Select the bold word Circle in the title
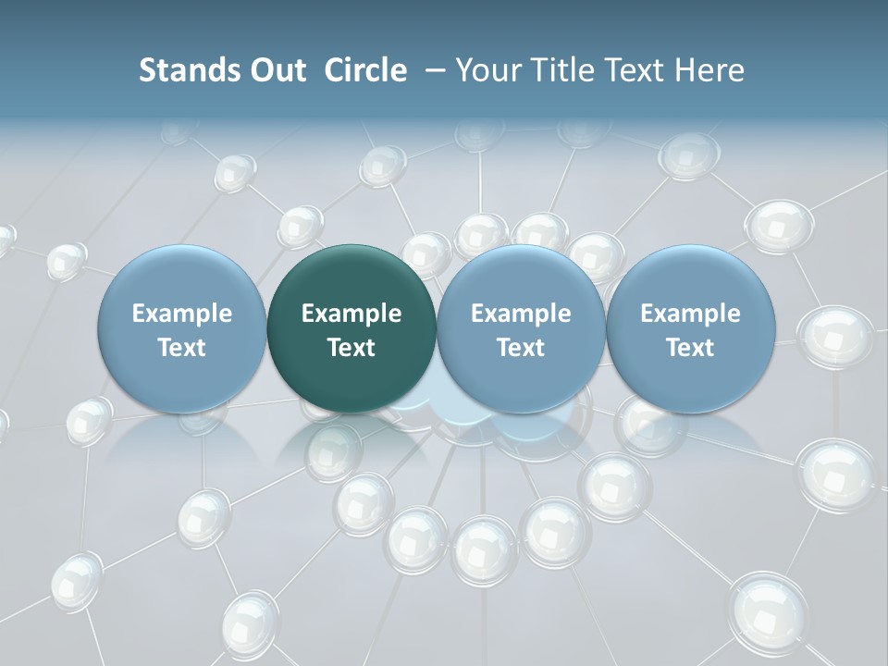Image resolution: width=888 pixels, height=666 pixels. (365, 70)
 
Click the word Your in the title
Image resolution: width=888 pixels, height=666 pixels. (486, 70)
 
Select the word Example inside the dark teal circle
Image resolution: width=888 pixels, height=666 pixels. (351, 314)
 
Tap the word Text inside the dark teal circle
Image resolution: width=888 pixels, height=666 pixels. (351, 348)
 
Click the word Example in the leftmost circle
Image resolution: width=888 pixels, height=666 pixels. (182, 314)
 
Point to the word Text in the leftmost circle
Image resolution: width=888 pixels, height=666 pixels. (182, 348)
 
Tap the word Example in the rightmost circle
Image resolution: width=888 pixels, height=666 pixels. (690, 314)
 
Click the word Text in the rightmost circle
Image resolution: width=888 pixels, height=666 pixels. (690, 348)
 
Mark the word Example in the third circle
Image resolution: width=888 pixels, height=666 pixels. (521, 314)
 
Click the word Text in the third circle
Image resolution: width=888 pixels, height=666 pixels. (521, 348)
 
